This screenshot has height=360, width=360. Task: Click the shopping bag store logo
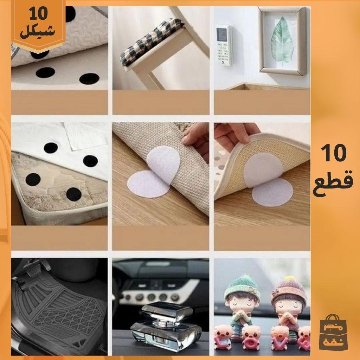(333, 333)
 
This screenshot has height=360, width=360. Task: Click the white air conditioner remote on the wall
(224, 45)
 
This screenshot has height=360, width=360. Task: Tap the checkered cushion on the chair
(152, 41)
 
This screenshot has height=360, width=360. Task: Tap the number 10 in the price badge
(38, 14)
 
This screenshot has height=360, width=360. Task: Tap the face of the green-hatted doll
(243, 303)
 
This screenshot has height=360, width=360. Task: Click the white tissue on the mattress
(85, 135)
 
